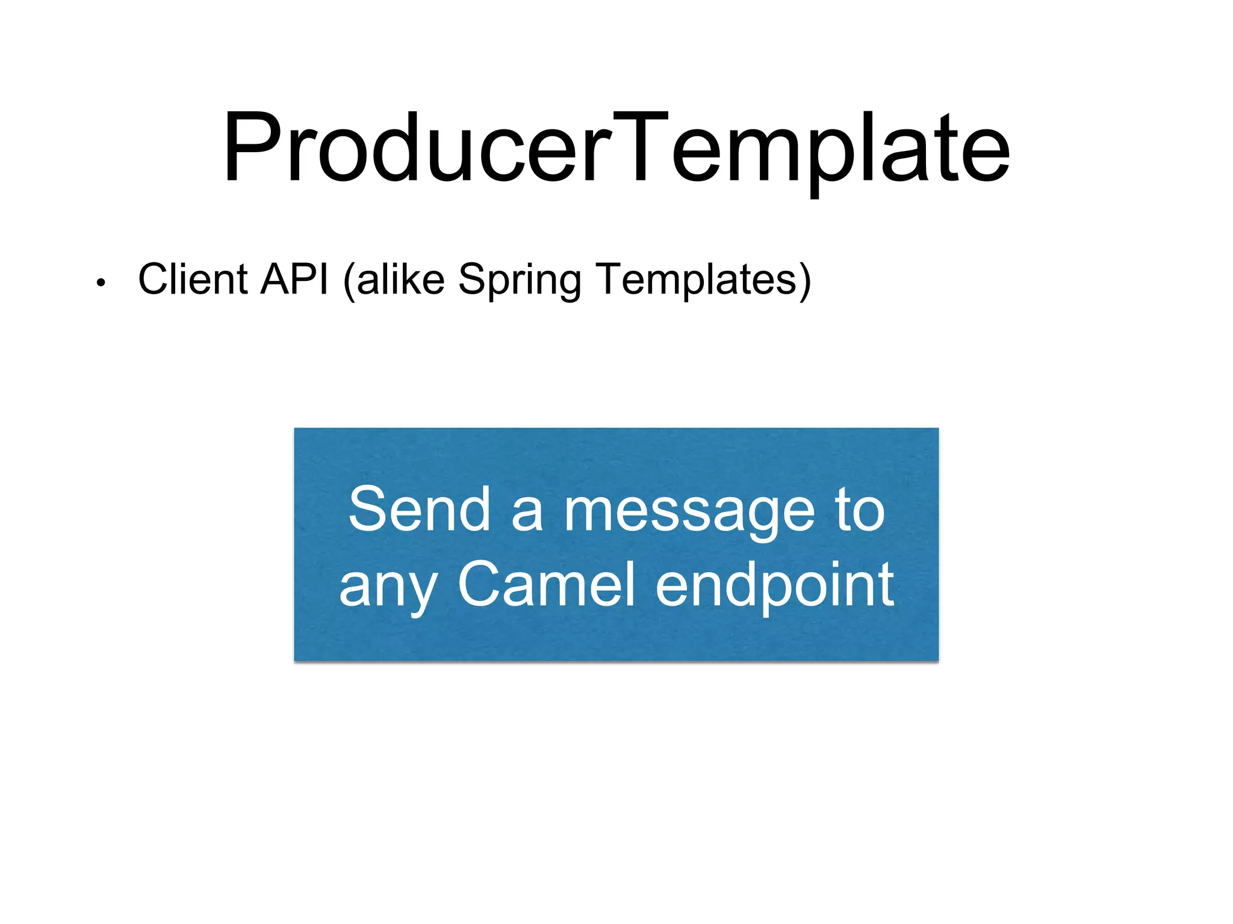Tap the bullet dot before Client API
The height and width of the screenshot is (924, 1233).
point(101,282)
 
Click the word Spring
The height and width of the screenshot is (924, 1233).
point(520,282)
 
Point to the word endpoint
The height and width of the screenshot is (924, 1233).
point(774,585)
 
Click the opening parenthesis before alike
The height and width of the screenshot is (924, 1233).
point(349,281)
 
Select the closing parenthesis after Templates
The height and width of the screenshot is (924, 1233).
point(805,281)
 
